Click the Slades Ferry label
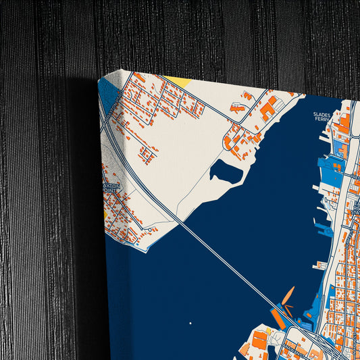[x=322, y=118]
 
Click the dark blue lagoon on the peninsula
[x=226, y=172]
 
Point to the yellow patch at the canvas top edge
[x=178, y=81]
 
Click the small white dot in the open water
[x=190, y=322]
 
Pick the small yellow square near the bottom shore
[x=268, y=331]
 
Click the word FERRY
[x=322, y=122]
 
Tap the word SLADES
[x=322, y=115]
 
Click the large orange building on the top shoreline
[x=268, y=107]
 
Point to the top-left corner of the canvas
[x=99, y=79]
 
